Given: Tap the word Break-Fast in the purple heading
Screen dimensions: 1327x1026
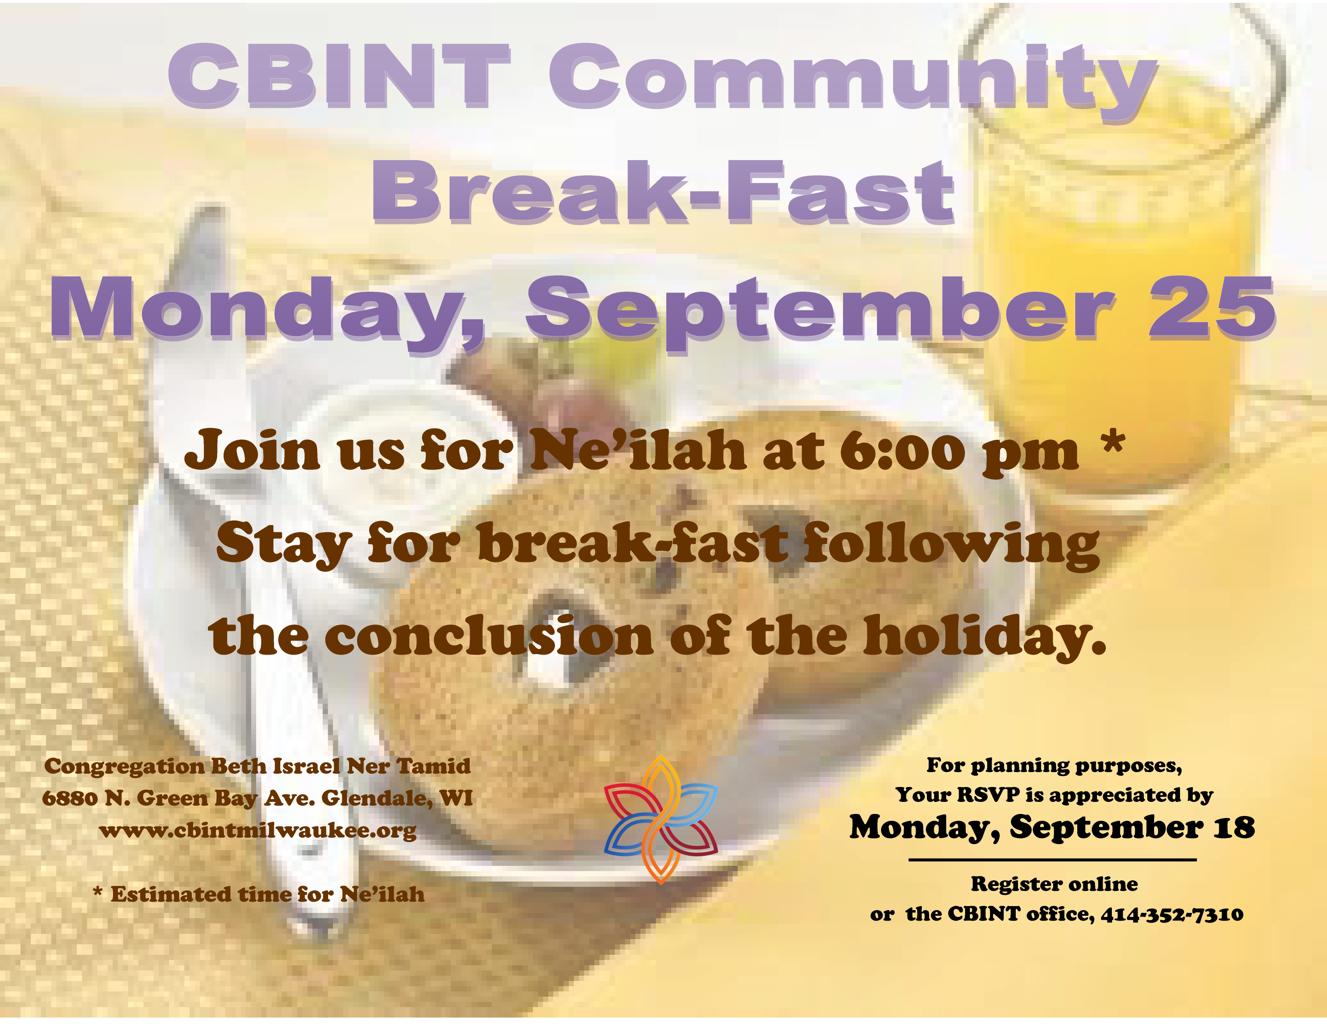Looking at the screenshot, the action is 663,193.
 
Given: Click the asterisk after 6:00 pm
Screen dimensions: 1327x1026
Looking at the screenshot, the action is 1113,443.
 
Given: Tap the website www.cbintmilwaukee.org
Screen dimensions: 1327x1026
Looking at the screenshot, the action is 258,830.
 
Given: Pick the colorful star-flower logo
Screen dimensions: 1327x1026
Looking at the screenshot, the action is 660,819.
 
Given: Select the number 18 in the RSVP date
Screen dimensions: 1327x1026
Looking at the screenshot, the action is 1234,828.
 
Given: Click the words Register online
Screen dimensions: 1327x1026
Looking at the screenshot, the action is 1054,884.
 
